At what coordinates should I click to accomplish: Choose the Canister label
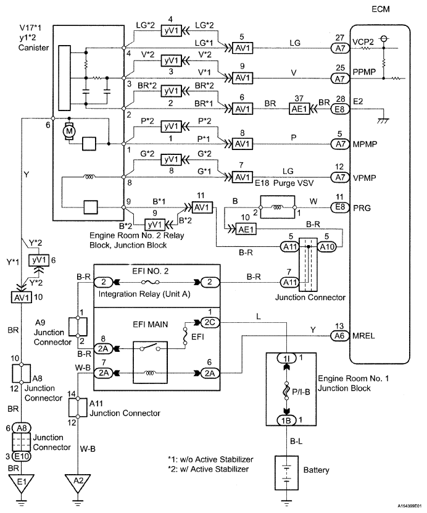point(34,49)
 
